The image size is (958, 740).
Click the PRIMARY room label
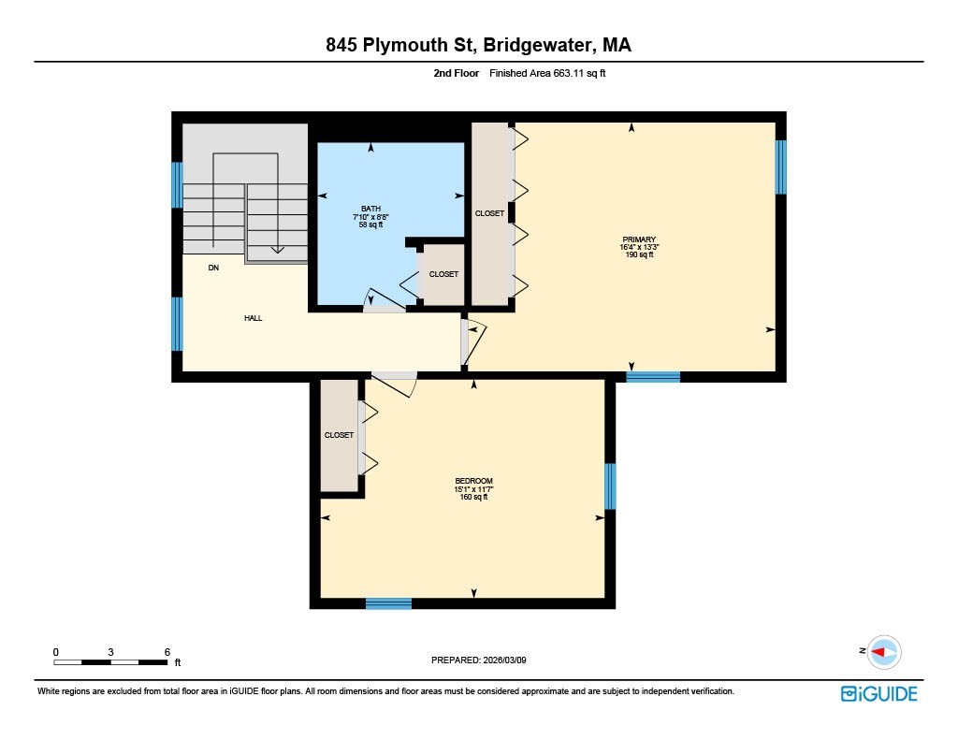point(638,239)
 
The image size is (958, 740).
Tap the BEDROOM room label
point(473,481)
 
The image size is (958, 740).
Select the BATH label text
point(370,209)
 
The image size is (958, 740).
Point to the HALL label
point(253,318)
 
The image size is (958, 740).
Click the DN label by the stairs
point(213,268)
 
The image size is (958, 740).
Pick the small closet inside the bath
point(443,274)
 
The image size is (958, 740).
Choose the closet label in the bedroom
point(339,436)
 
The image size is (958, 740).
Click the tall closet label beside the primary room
point(489,213)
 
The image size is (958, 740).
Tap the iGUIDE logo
point(878,693)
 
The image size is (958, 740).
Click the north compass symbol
point(882,651)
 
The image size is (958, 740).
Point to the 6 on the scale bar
point(167,651)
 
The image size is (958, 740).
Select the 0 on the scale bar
point(55,651)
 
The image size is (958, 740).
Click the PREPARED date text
point(485,660)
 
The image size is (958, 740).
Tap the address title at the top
point(478,45)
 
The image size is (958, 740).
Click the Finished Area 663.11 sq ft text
point(547,72)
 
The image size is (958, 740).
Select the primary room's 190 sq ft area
point(638,254)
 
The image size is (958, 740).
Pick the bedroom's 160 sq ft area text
point(473,497)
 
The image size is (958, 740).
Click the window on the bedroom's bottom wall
point(388,603)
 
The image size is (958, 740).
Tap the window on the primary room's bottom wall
point(652,377)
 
